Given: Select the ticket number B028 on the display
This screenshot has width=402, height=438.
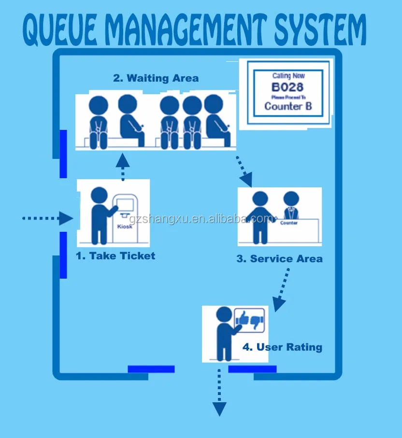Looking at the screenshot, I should (287, 87).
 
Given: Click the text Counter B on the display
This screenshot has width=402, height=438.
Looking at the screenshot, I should (288, 106).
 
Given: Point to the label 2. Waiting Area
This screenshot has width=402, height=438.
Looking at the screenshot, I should (156, 78).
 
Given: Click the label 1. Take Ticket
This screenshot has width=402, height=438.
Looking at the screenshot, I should (115, 256).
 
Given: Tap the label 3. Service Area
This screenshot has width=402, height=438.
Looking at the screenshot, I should (279, 259).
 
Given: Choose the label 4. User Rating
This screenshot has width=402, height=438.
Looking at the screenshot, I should (282, 347).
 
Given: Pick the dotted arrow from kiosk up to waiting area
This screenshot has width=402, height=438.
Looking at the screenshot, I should (123, 167).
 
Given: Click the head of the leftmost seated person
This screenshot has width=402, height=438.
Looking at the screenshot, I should (99, 106).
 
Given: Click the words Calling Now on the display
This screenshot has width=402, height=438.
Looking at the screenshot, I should (288, 76).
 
